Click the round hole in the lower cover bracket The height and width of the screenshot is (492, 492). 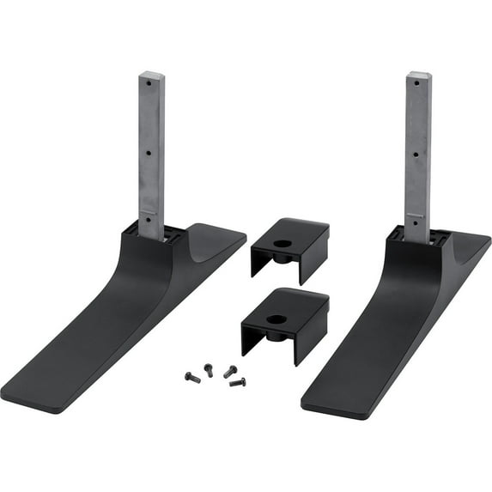[276, 319]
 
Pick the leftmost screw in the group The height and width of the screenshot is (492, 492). [190, 375]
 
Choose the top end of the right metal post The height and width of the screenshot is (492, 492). [418, 74]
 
